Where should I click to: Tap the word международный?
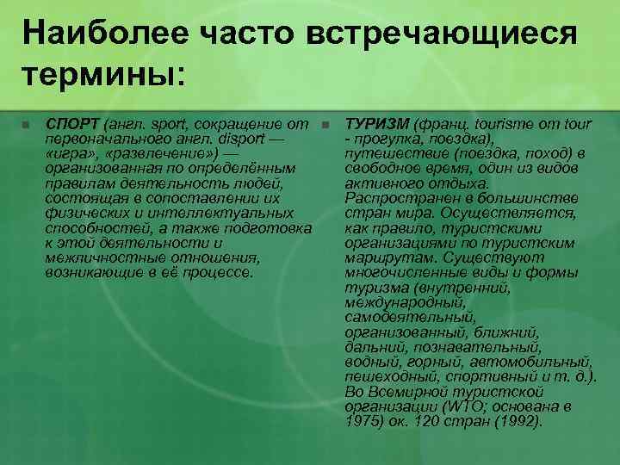[404, 301]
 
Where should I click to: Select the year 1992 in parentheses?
[513, 421]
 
